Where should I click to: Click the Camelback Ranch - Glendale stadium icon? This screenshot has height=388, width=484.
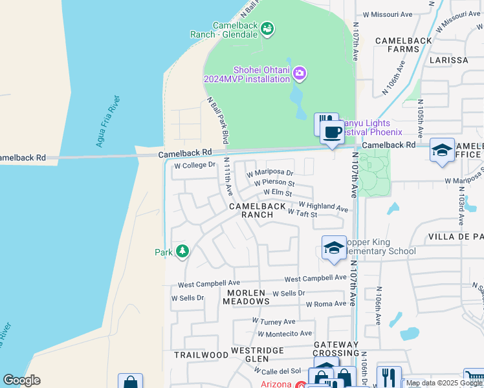point(268,28)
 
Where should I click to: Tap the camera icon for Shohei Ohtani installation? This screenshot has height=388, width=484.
point(299,73)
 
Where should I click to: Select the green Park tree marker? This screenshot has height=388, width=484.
point(182,251)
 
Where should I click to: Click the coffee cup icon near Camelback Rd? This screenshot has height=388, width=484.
point(332,133)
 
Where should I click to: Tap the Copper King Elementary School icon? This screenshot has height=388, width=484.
point(334,248)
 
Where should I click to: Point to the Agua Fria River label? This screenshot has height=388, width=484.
point(107,121)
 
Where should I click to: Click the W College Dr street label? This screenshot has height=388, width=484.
point(194,165)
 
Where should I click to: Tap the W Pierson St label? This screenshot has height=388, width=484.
point(274,183)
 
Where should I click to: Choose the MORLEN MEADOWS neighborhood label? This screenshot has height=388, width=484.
point(245,297)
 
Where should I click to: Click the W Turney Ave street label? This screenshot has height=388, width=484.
point(274,321)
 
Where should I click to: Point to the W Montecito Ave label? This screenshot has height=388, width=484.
point(285,334)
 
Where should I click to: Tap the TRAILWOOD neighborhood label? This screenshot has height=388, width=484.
point(201,355)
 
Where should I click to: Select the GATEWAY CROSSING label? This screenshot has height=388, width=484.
point(336,349)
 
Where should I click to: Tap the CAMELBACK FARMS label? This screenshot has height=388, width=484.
point(404,45)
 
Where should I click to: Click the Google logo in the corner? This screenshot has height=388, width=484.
point(21,380)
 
